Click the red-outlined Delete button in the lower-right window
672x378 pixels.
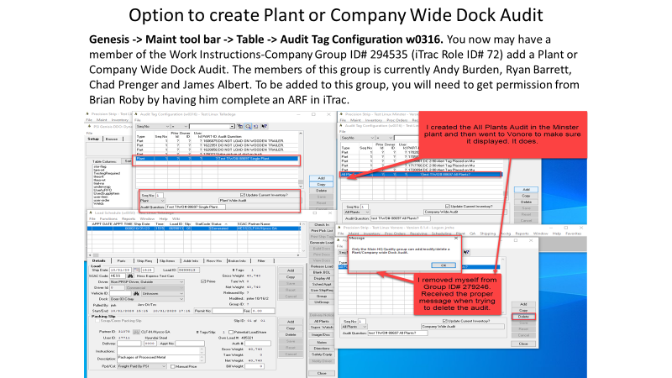click(523, 317)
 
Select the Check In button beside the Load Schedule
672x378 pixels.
click(321, 226)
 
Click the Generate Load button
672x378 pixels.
click(321, 241)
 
